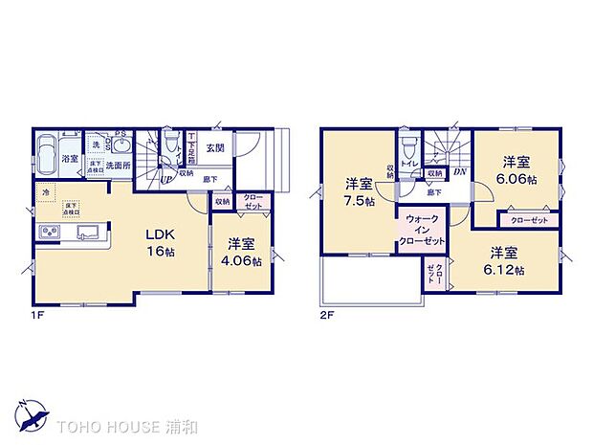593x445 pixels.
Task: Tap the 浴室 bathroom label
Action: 70,159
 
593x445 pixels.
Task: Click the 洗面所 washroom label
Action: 118,165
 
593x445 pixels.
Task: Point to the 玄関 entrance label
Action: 214,148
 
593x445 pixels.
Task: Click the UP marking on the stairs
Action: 166,179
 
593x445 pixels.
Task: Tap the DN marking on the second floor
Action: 460,172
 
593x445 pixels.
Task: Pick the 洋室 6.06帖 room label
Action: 517,170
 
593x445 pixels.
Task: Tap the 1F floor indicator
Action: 37,312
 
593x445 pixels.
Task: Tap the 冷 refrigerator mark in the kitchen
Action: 46,192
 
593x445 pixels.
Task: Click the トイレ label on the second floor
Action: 408,164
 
